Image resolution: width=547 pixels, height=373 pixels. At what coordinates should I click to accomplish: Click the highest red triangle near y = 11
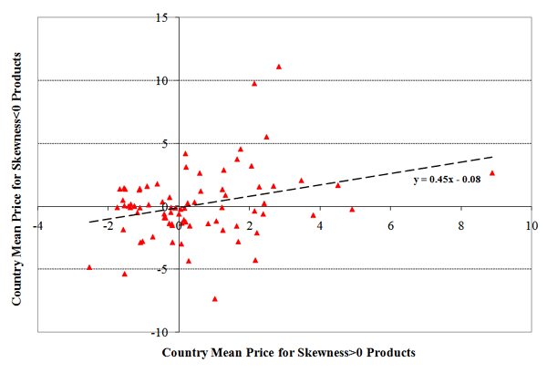(279, 67)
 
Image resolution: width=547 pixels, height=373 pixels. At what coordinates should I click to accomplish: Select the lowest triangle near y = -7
(215, 298)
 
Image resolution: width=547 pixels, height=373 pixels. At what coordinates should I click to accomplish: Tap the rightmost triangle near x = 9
(492, 173)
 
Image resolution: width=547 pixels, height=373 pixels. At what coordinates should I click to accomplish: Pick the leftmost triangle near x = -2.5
(89, 267)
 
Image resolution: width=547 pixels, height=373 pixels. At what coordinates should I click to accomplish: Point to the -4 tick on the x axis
(38, 223)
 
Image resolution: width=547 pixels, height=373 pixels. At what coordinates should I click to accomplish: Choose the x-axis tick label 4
(320, 223)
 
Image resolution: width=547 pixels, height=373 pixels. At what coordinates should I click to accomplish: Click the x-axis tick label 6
(390, 223)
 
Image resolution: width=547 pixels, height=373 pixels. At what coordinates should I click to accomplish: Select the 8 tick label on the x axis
(460, 223)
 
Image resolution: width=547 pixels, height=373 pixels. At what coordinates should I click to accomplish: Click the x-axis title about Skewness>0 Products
(288, 352)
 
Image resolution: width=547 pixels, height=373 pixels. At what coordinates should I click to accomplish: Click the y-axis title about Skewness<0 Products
(17, 173)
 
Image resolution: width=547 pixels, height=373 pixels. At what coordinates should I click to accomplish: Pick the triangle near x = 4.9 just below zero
(352, 209)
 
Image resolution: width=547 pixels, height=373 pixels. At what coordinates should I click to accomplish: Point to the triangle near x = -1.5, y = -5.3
(125, 274)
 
